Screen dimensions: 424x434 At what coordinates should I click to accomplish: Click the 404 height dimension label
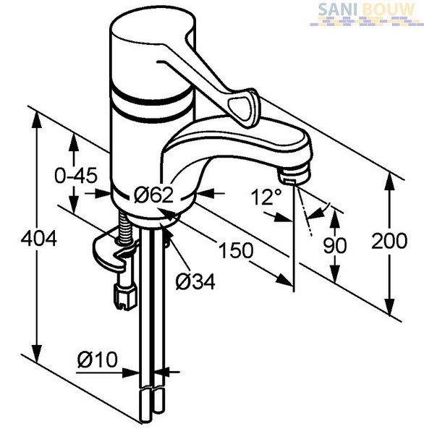click(39, 239)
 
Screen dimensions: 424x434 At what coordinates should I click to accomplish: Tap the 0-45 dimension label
click(76, 175)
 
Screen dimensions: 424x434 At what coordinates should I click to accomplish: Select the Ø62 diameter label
click(153, 195)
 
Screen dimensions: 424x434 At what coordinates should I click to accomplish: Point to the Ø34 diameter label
click(195, 282)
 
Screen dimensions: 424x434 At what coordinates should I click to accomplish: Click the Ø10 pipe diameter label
click(98, 359)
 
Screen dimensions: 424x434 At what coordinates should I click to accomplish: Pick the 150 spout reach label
click(236, 250)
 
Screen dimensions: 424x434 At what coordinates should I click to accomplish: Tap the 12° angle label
click(266, 197)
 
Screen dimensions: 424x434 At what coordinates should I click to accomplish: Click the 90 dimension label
click(335, 245)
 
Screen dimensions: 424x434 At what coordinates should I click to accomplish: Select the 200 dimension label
click(389, 241)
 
